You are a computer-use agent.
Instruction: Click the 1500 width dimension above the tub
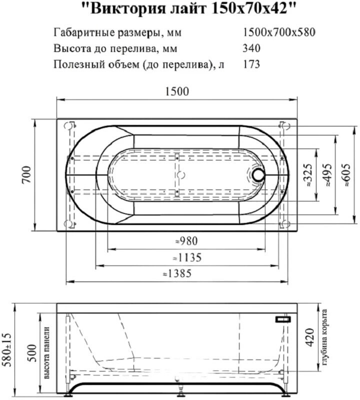point(176,91)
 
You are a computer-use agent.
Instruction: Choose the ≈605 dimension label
point(348,175)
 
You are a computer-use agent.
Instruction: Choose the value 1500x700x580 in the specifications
point(278,33)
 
